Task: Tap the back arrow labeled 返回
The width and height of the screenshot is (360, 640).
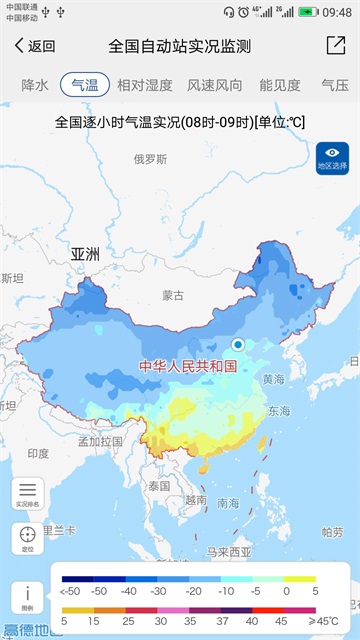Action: tap(34, 46)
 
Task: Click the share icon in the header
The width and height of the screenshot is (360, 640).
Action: tap(335, 46)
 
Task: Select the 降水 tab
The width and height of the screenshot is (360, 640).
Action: tap(35, 85)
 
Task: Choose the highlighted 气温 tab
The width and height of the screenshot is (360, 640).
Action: tap(85, 85)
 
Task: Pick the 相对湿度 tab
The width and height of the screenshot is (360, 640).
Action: tap(144, 85)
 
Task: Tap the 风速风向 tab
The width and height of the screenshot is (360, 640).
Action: tap(215, 85)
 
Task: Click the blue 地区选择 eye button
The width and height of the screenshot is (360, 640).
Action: tap(332, 158)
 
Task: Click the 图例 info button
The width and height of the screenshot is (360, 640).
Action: tap(27, 596)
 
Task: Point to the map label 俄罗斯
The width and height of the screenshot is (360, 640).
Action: tap(150, 159)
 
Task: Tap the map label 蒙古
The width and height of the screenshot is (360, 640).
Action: tap(173, 296)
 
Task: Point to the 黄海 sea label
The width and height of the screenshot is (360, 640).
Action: tap(273, 380)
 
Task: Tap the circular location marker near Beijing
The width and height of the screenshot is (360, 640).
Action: tap(238, 345)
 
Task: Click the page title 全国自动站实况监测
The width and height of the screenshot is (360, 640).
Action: tap(179, 46)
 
